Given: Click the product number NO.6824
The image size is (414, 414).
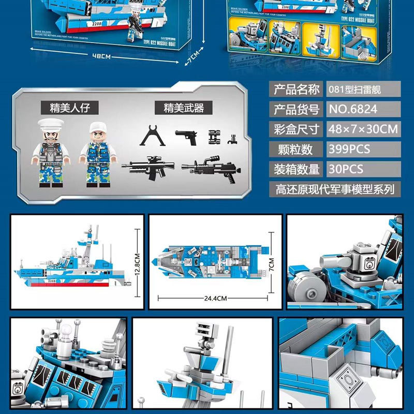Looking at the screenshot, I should tap(352, 109).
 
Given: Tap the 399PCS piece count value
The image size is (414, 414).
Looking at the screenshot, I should tap(349, 149).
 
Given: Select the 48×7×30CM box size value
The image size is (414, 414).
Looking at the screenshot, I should tap(362, 129).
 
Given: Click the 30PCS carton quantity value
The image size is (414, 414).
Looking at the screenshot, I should tap(346, 169).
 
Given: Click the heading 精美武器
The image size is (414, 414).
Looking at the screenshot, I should tap(184, 108).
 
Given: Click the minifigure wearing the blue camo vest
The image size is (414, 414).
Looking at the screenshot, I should tap(96, 154).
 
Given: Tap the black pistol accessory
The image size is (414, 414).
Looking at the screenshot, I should tap(187, 138).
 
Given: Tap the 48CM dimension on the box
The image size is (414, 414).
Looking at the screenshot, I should tap(101, 55).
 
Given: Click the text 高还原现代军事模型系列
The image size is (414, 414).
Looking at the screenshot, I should tap(335, 189).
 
